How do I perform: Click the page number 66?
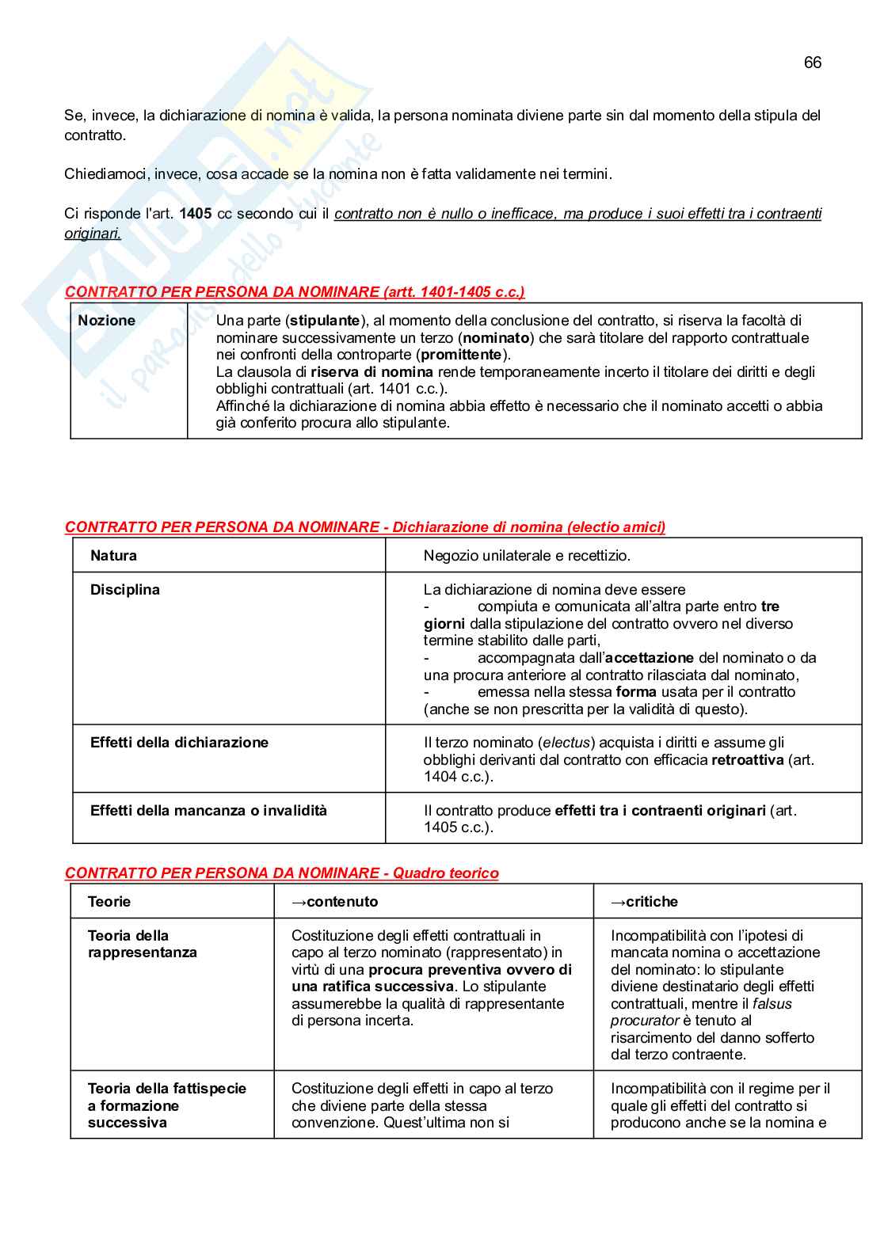tap(812, 63)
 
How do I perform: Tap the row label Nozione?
tap(106, 321)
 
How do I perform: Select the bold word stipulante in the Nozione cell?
tap(325, 321)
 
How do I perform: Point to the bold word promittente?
tap(461, 355)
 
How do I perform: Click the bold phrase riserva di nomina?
tap(372, 372)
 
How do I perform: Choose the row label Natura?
tap(113, 556)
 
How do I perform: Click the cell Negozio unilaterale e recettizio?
tap(527, 556)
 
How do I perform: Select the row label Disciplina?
tap(124, 590)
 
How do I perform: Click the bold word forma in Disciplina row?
tap(637, 692)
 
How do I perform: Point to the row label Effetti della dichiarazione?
tap(179, 743)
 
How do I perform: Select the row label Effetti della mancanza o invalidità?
tap(208, 811)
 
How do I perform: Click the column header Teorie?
tap(109, 902)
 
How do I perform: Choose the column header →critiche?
tap(644, 902)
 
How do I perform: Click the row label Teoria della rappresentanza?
tap(142, 944)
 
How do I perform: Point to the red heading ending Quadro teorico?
tap(281, 873)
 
